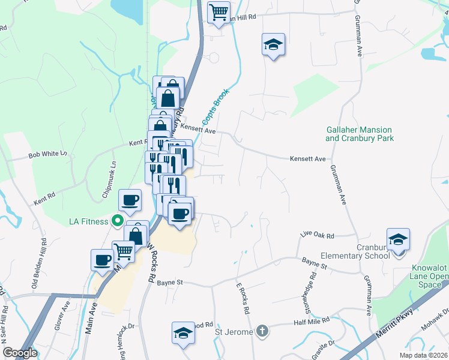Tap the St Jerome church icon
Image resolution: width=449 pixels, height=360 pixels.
[262, 331]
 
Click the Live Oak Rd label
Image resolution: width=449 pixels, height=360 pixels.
[317, 236]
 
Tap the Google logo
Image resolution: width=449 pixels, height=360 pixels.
[20, 353]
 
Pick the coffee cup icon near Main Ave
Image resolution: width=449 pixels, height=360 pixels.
[101, 260]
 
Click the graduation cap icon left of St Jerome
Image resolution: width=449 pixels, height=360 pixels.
[183, 333]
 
